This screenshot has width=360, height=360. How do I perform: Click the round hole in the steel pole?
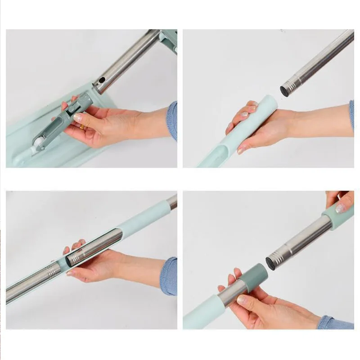[102, 81]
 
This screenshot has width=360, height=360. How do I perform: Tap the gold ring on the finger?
[83, 127]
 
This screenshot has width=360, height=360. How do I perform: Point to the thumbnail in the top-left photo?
[77, 118]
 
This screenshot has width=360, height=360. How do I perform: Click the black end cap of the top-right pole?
[285, 90]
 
